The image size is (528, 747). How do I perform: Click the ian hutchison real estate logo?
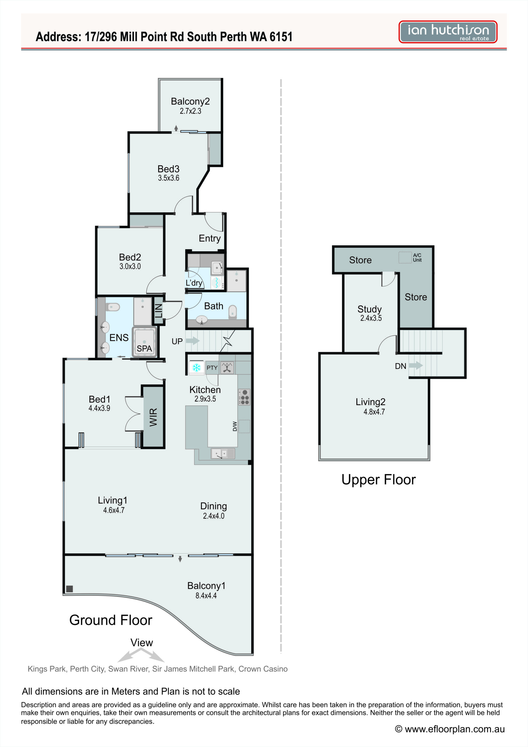pyautogui.click(x=448, y=32)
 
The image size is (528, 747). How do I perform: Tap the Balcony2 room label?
pyautogui.click(x=190, y=102)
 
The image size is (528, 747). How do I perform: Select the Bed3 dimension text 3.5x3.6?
pyautogui.click(x=169, y=178)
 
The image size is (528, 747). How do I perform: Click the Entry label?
pyautogui.click(x=209, y=238)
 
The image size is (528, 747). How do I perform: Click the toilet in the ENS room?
pyautogui.click(x=113, y=306)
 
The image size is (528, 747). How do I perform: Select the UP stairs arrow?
pyautogui.click(x=193, y=341)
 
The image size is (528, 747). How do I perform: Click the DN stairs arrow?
pyautogui.click(x=416, y=365)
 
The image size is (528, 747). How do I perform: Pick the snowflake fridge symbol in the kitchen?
pyautogui.click(x=197, y=368)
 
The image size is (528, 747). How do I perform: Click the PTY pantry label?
pyautogui.click(x=212, y=368)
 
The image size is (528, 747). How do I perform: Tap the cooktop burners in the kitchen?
pyautogui.click(x=244, y=397)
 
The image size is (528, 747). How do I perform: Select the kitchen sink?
pyautogui.click(x=223, y=453)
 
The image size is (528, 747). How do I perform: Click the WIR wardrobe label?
pyautogui.click(x=153, y=417)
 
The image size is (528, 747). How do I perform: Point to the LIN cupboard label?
pyautogui.click(x=158, y=310)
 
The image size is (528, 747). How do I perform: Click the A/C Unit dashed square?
pyautogui.click(x=405, y=258)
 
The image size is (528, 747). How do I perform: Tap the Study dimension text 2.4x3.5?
pyautogui.click(x=371, y=318)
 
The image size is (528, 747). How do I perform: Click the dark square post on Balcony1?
pyautogui.click(x=69, y=589)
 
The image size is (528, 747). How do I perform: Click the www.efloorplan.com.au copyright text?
pyautogui.click(x=450, y=729)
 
